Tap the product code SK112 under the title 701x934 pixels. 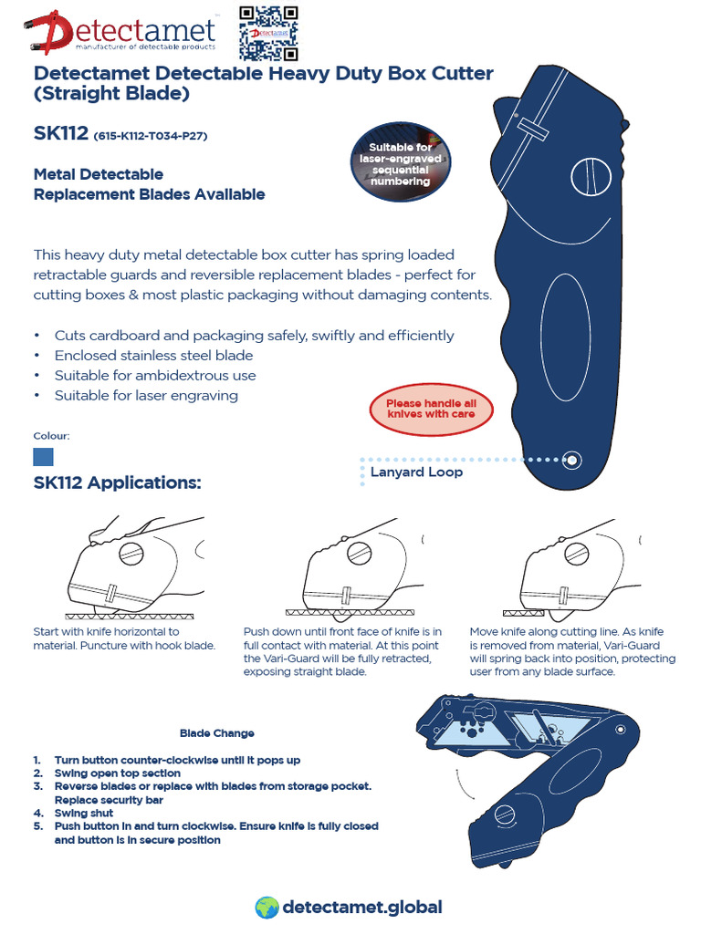coord(60,134)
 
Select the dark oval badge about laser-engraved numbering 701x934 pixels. coord(400,164)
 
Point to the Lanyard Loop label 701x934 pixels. coord(416,472)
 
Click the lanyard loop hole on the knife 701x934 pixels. coord(571,460)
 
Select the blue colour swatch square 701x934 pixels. coord(43,456)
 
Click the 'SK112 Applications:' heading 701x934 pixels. coord(117,483)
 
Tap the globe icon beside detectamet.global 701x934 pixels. coord(266,907)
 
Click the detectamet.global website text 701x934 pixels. coord(362,907)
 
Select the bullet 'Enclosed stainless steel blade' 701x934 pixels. coord(153,356)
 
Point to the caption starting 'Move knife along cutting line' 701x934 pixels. coord(572,651)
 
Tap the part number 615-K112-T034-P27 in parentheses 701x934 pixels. coord(151,137)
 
